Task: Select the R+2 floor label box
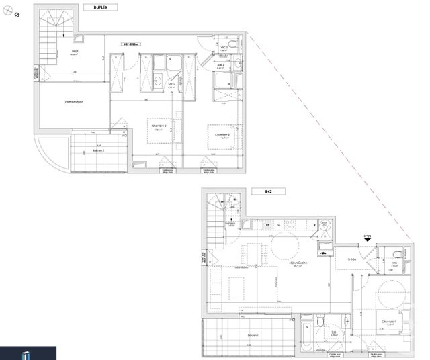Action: click(x=269, y=191)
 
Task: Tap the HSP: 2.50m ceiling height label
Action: click(x=130, y=44)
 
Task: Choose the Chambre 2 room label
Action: click(x=159, y=127)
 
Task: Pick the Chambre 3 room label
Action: click(x=222, y=135)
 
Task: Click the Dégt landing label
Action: click(x=75, y=51)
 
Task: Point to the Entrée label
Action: click(x=352, y=259)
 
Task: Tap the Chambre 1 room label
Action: click(x=389, y=322)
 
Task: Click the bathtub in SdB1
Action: click(x=306, y=334)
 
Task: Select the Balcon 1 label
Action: click(x=253, y=335)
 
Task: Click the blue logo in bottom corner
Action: click(x=27, y=353)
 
